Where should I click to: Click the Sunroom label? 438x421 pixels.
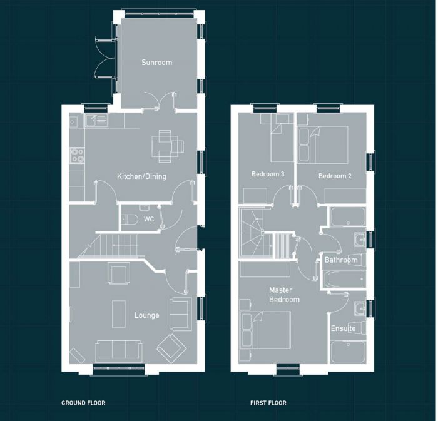[x=156, y=63]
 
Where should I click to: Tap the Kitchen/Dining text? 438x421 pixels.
[x=142, y=176]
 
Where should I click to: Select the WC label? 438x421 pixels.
[x=149, y=220]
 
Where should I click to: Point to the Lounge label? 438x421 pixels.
[x=146, y=315]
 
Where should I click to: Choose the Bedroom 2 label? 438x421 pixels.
[x=335, y=176]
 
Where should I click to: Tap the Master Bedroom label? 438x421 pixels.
[x=284, y=295]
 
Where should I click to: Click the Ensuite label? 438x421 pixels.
[x=344, y=328]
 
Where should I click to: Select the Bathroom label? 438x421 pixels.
[x=341, y=260]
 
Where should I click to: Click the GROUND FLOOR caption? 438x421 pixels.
[x=83, y=403]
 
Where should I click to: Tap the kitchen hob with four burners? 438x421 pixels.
[x=78, y=155]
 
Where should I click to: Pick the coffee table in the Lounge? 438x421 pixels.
[x=119, y=313]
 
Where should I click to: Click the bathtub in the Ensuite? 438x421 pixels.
[x=349, y=352]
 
